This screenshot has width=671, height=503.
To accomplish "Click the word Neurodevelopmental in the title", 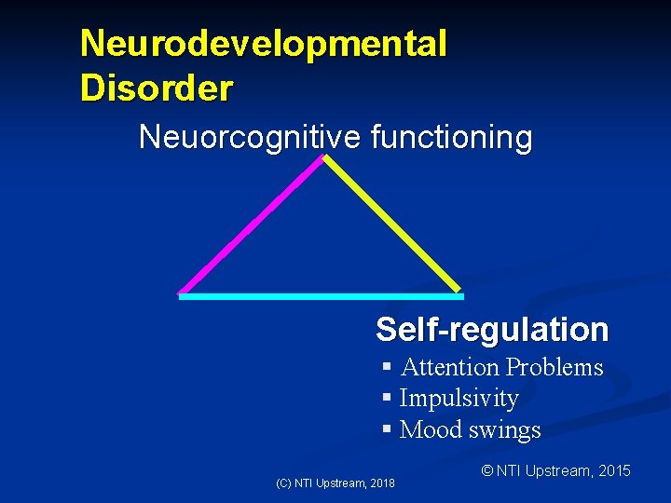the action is point(264,44).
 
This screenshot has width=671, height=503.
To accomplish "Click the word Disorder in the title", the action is point(157,88).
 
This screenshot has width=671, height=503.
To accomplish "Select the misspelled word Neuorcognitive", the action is point(250,138).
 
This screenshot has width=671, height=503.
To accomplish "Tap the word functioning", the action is point(451,138).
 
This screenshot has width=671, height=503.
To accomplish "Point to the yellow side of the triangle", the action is point(392,224).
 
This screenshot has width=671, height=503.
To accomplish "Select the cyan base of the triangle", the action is point(321,296).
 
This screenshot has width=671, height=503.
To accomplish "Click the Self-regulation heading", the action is point(492,330).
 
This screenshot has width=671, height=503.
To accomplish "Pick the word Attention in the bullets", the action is point(449,368).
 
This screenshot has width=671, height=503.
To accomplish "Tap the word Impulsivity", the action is point(459,399).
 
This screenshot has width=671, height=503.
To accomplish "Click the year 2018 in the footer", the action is point(382,483).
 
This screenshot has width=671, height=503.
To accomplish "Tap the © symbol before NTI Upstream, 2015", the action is point(486,471).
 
